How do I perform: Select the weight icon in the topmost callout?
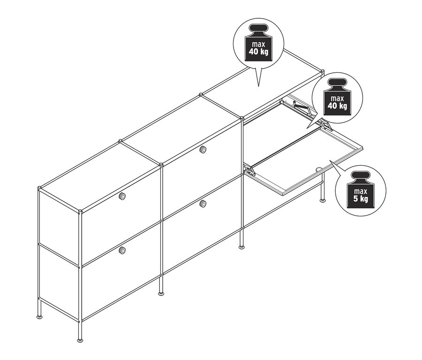click(x=258, y=46)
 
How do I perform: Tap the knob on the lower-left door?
click(x=123, y=252)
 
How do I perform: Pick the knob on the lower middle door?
click(x=203, y=203)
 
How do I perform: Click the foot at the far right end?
click(x=323, y=199)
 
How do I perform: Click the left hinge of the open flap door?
click(x=250, y=169)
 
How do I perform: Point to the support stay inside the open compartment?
click(x=298, y=107)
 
